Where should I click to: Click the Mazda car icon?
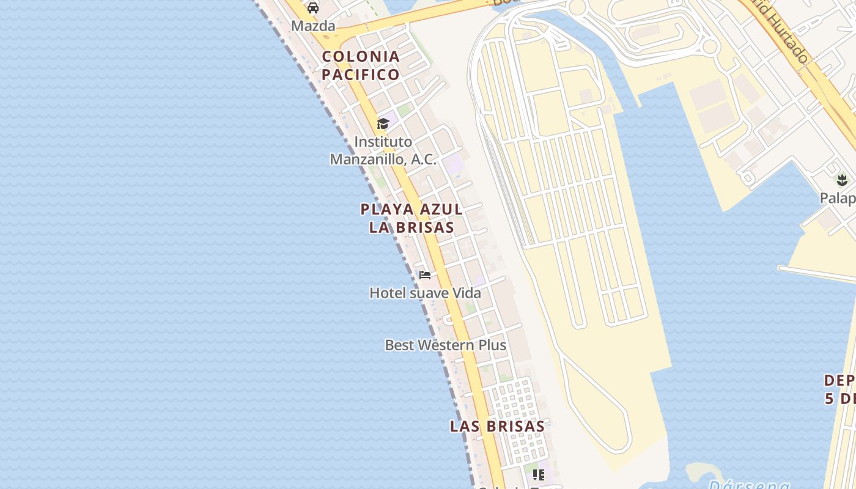[x=313, y=8]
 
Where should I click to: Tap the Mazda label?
[x=313, y=26]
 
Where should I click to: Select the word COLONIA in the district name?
[x=361, y=56]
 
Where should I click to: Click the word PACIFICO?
[x=361, y=75]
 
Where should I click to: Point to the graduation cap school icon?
[x=383, y=124]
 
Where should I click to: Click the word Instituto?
[x=383, y=142]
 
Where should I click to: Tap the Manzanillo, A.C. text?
[x=383, y=160]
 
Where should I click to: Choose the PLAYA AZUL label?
[x=411, y=209]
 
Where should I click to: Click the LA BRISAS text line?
[x=411, y=227]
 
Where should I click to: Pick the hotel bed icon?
[x=425, y=274]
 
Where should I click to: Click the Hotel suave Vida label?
[x=425, y=293]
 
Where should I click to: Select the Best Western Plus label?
[x=445, y=345]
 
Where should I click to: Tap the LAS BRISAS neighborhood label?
[x=497, y=426]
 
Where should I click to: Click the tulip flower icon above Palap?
[x=842, y=180]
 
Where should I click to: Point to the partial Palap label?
[x=838, y=199]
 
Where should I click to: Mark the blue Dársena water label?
[x=748, y=484]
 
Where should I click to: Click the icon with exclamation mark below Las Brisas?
[x=539, y=474]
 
